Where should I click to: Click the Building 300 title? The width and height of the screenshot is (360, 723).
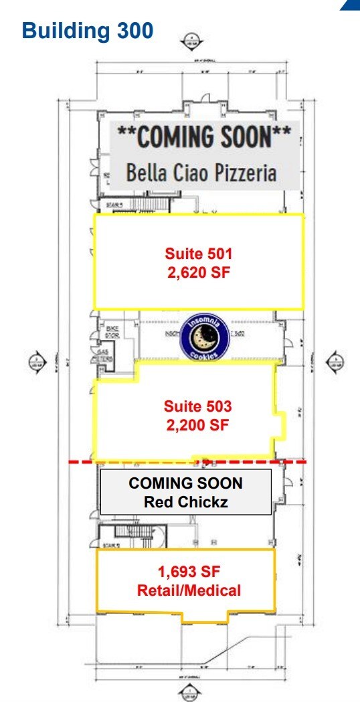point(88,30)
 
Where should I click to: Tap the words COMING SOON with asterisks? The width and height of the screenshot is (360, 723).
point(204,137)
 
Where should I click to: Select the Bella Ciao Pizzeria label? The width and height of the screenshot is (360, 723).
point(201,173)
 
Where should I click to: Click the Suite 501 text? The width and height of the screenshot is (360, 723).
point(198,254)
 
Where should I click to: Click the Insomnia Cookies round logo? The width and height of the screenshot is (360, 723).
point(205,339)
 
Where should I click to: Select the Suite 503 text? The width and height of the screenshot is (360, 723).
point(197,406)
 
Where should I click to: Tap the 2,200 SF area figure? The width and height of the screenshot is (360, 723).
point(197,424)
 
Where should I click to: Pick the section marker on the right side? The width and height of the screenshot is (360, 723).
point(335,362)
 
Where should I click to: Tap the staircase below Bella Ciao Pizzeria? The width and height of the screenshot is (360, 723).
point(144,203)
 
